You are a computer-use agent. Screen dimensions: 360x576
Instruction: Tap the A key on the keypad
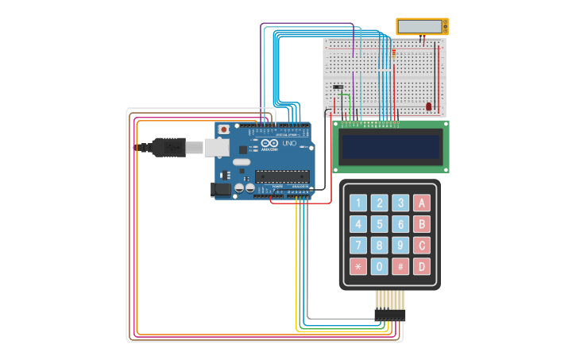pyautogui.click(x=421, y=203)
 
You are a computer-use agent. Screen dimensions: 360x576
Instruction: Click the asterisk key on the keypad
pyautogui.click(x=358, y=266)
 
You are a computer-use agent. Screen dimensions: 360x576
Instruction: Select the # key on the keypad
pyautogui.click(x=400, y=266)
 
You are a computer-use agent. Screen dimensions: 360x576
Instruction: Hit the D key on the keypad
pyautogui.click(x=421, y=266)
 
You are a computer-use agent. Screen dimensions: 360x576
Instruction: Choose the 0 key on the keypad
pyautogui.click(x=380, y=266)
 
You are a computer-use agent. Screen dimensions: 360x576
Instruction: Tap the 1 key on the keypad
pyautogui.click(x=358, y=203)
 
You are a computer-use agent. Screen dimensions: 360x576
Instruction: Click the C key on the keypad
pyautogui.click(x=421, y=246)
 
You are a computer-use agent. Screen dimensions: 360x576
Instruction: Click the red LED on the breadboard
pyautogui.click(x=429, y=106)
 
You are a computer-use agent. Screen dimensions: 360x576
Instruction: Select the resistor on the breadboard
pyautogui.click(x=393, y=53)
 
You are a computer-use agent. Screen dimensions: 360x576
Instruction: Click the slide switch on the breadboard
pyautogui.click(x=338, y=87)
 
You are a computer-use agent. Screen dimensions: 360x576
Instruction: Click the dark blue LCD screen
pyautogui.click(x=391, y=146)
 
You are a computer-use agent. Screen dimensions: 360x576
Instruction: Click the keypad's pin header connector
pyautogui.click(x=389, y=315)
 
